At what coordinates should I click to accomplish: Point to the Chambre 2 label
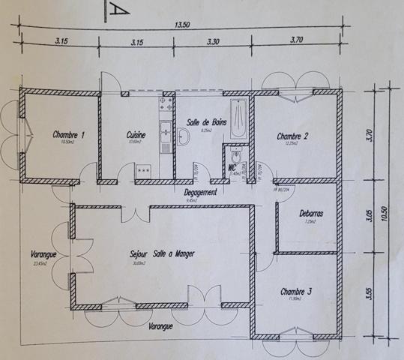pyautogui.click(x=293, y=136)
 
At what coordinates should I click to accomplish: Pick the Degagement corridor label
pyautogui.click(x=201, y=192)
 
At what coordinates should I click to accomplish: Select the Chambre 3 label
pyautogui.click(x=298, y=291)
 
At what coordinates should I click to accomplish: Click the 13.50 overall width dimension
pyautogui.click(x=182, y=24)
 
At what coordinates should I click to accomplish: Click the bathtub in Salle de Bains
pyautogui.click(x=238, y=117)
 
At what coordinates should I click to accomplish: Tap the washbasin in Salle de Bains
pyautogui.click(x=184, y=136)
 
